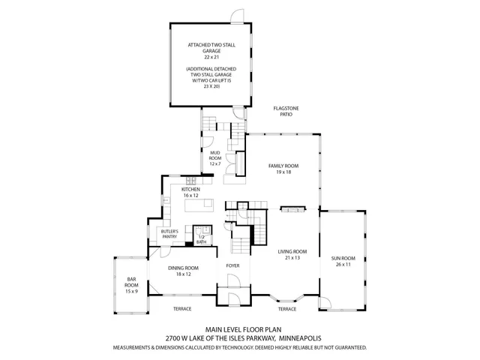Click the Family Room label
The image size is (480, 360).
coord(283,169)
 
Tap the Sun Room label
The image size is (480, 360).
coord(342,262)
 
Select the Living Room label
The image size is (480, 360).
coord(292,255)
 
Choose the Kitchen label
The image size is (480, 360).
coord(190,192)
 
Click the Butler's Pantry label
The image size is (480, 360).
coord(169,235)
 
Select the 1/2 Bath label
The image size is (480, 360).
coord(201,240)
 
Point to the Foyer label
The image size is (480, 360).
coord(232,265)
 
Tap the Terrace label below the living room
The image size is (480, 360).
coord(287,308)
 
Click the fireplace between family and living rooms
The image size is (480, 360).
coord(292,209)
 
